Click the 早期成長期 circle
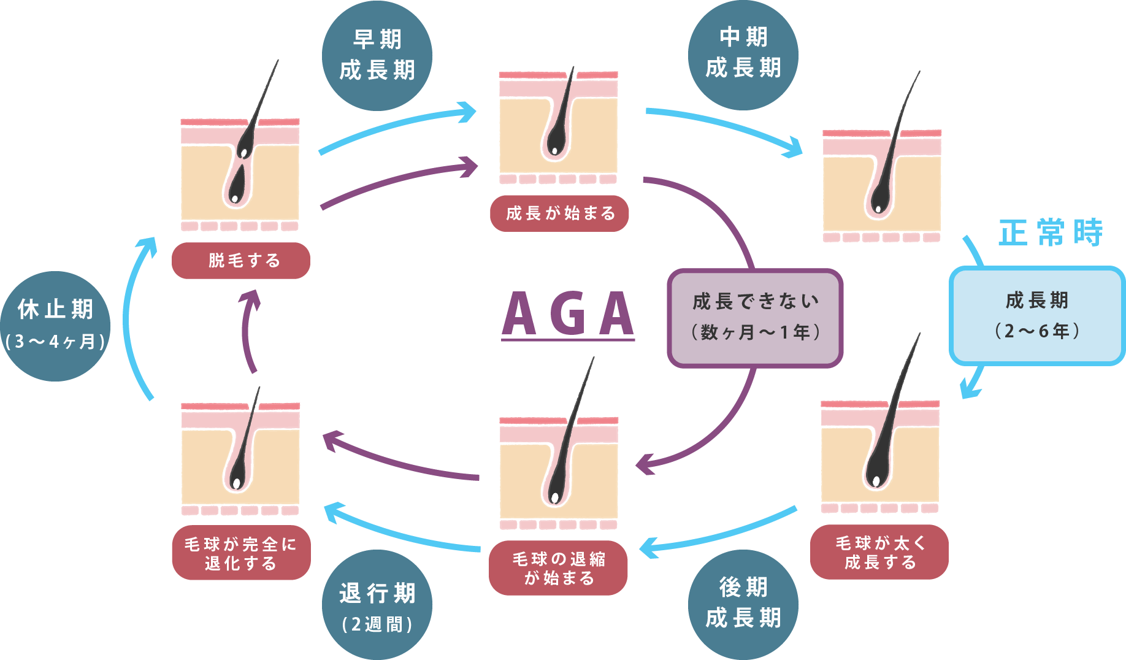(377, 56)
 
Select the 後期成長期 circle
(743, 604)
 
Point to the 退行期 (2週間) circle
(377, 605)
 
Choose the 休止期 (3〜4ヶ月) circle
(55, 326)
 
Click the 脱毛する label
(241, 261)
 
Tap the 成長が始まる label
(559, 213)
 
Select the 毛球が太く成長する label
(879, 552)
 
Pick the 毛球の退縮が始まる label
(558, 568)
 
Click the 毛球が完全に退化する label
(241, 553)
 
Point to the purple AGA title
(568, 315)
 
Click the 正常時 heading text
(1051, 233)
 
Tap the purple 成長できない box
(755, 318)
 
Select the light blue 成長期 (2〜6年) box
(1036, 316)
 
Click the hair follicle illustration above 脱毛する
(240, 175)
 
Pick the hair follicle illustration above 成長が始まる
(558, 128)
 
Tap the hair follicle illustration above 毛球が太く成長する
(880, 455)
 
